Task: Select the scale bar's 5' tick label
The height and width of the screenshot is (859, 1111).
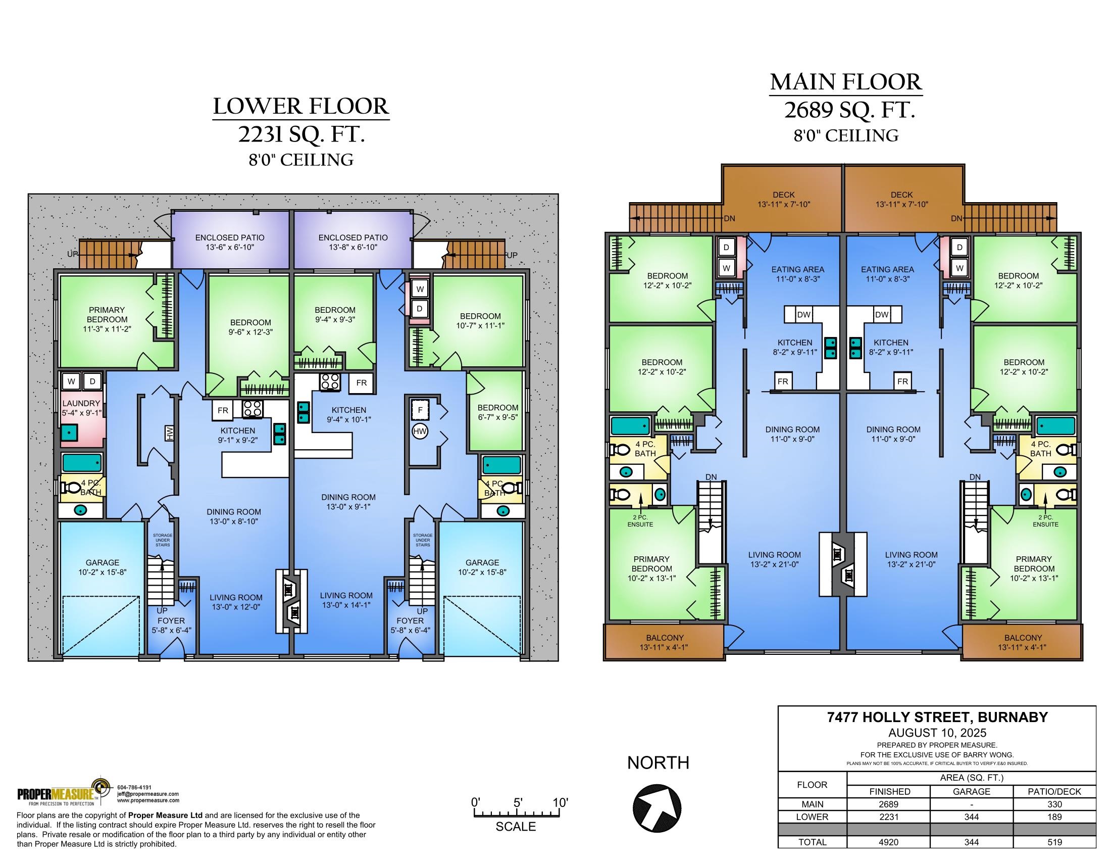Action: pyautogui.click(x=518, y=803)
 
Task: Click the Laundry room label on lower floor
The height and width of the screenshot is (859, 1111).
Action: pyautogui.click(x=81, y=408)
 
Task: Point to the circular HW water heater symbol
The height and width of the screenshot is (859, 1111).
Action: pyautogui.click(x=420, y=431)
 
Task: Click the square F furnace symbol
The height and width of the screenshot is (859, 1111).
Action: pyautogui.click(x=420, y=409)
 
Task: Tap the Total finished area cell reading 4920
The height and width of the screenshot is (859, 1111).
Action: pyautogui.click(x=888, y=842)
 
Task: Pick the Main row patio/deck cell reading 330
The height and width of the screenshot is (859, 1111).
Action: pyautogui.click(x=1054, y=804)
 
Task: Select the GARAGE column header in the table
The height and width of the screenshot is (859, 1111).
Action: pyautogui.click(x=971, y=792)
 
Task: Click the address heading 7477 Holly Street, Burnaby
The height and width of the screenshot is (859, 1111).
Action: pyautogui.click(x=937, y=718)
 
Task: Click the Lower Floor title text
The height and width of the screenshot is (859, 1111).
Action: pyautogui.click(x=301, y=106)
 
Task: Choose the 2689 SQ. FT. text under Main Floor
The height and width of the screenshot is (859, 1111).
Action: pyautogui.click(x=849, y=110)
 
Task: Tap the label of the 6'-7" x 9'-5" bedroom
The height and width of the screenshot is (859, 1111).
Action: pyautogui.click(x=497, y=412)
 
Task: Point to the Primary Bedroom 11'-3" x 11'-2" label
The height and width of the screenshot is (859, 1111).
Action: pyautogui.click(x=107, y=319)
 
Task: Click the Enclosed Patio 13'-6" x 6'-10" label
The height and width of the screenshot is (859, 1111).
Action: pyautogui.click(x=230, y=242)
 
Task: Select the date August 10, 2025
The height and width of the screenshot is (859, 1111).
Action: pyautogui.click(x=937, y=733)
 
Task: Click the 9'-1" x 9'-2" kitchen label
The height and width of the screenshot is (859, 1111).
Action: pyautogui.click(x=238, y=435)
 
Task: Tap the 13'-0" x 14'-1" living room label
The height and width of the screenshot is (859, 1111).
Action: pyautogui.click(x=346, y=600)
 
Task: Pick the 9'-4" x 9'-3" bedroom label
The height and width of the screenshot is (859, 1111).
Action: pyautogui.click(x=335, y=314)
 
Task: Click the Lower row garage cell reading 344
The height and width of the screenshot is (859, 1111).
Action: pyautogui.click(x=971, y=817)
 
